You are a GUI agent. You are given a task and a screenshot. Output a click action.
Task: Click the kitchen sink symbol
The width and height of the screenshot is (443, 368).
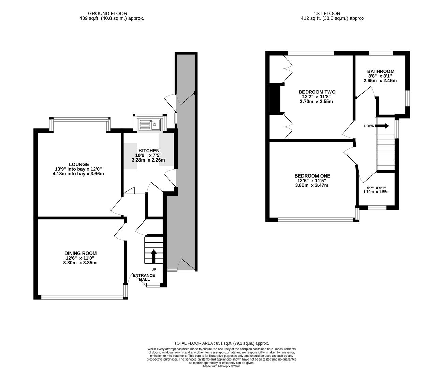150,124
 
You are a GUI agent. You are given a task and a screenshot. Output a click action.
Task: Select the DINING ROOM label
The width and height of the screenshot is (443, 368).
80,253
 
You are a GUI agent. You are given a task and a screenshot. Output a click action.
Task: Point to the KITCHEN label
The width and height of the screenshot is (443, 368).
149,151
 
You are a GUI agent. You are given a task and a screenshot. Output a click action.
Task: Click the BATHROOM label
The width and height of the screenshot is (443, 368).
381,71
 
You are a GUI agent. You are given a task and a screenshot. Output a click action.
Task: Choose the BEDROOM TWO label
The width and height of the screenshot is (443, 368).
317,92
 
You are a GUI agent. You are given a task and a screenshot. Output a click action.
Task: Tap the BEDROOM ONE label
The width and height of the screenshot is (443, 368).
312,176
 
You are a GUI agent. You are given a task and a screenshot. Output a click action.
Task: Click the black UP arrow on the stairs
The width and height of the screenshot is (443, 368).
153,256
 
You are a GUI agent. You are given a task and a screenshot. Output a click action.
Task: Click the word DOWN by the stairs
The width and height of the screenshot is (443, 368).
369,126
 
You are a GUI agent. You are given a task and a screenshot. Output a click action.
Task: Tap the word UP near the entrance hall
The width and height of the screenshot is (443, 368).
154,270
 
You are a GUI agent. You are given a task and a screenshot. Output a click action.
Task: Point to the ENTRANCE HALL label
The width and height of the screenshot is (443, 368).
144,277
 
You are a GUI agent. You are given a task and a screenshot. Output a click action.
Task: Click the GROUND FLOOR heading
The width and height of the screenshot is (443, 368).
107,14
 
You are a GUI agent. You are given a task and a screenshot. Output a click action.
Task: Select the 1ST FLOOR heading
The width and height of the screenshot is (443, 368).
327,14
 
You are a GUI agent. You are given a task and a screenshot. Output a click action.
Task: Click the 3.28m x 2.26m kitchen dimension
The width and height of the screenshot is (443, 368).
148,160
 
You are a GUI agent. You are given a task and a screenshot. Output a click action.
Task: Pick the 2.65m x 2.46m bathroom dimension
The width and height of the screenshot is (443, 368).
380,81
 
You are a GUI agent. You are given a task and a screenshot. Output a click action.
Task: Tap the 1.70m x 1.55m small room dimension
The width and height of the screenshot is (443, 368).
376,192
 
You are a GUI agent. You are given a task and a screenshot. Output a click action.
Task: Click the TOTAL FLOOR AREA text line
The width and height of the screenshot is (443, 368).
222,343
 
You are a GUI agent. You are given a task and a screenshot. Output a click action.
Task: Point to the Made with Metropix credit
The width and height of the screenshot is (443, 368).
222,366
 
